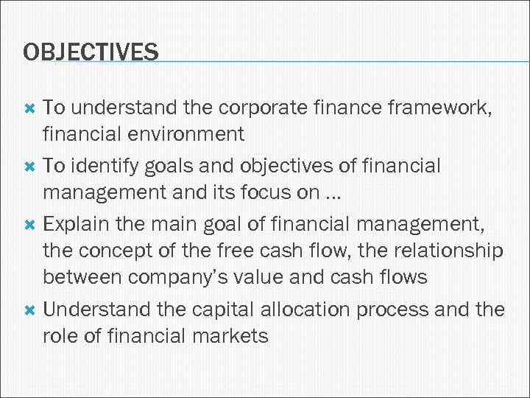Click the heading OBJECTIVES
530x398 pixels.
coord(91,52)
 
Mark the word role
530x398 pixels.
coord(57,336)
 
